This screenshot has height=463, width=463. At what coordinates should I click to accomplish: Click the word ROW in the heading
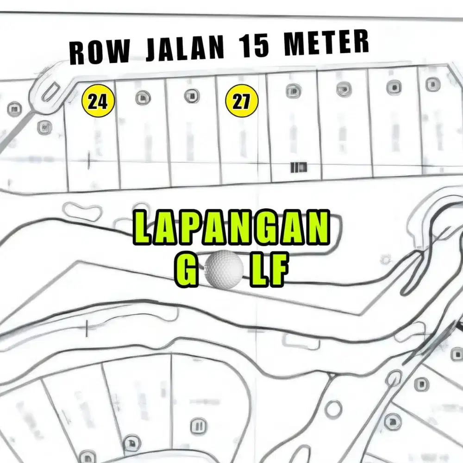coord(99,53)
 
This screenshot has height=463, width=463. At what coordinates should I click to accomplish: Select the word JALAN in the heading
coord(185,49)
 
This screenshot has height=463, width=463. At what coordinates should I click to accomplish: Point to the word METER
coord(326,43)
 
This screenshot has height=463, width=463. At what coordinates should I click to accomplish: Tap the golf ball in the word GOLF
coord(224,268)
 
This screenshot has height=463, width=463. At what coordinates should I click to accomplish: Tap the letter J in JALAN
coord(151,50)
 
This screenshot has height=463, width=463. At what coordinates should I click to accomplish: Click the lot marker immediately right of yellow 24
coord(143,98)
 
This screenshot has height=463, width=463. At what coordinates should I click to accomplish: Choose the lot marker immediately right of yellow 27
coord(293,91)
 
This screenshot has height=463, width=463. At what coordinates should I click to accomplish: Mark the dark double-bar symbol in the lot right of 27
coord(298,167)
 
